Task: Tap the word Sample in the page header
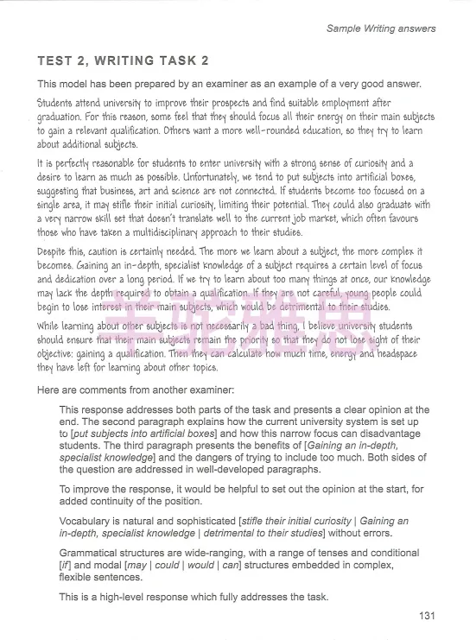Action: pyautogui.click(x=345, y=29)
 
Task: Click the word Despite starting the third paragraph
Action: pyautogui.click(x=54, y=247)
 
